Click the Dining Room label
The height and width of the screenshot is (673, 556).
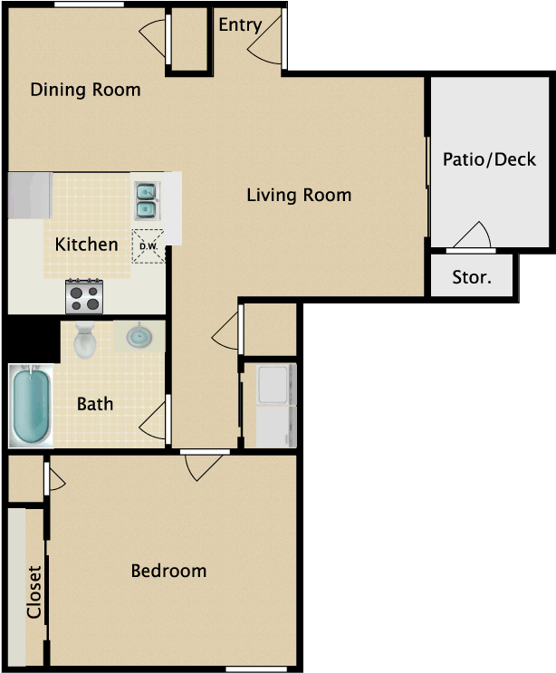[x=85, y=90]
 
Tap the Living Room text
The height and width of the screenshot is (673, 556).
[x=299, y=195]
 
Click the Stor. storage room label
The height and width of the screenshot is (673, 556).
[x=472, y=277]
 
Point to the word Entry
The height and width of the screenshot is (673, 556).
[x=240, y=25]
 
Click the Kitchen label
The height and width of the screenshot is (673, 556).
[x=86, y=245]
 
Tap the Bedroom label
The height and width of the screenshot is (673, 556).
[x=168, y=571]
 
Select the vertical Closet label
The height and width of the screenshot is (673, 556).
[x=34, y=591]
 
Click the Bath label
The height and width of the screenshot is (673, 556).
[x=95, y=404]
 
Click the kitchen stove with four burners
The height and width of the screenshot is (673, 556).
[x=84, y=296]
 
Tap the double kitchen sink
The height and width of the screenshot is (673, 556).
[x=146, y=201]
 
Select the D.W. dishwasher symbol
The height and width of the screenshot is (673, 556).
[x=148, y=246]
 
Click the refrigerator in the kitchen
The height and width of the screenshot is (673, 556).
[x=30, y=195]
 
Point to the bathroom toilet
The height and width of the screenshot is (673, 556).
[x=85, y=340]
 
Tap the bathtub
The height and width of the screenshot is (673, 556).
[x=32, y=406]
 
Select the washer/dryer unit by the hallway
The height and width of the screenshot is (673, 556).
[x=275, y=405]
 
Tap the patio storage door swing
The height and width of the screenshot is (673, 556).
[x=472, y=236]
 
